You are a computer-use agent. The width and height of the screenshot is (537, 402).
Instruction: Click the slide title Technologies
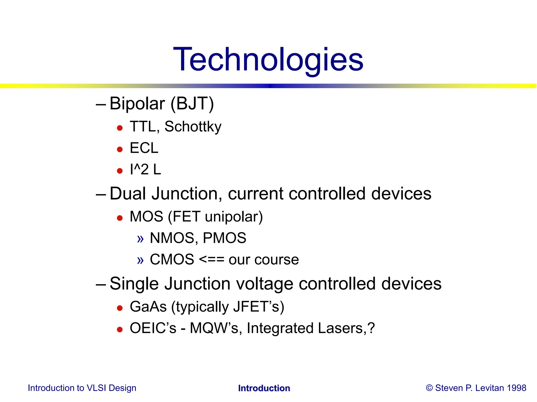[268, 60]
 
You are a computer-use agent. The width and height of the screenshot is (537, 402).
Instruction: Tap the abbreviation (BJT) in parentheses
[192, 104]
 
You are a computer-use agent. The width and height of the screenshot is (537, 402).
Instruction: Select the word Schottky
[193, 127]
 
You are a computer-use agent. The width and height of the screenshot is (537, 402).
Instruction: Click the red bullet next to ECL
[120, 149]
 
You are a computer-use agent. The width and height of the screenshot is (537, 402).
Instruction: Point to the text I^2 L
[145, 170]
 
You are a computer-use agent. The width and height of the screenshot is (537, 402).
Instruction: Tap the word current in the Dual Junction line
[256, 194]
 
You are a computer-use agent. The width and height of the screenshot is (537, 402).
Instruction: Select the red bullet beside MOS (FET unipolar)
[120, 218]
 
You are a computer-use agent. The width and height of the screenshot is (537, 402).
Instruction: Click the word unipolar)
[234, 217]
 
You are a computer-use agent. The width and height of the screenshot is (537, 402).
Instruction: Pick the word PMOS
[224, 238]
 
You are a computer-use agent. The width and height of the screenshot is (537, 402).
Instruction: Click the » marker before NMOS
[141, 239]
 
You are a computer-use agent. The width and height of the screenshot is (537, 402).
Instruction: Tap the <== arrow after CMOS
[212, 260]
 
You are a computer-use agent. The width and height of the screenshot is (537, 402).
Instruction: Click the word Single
[134, 284]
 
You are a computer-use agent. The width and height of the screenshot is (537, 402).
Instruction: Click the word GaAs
[148, 307]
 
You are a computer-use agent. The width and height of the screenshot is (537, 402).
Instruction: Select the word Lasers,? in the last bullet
[346, 328]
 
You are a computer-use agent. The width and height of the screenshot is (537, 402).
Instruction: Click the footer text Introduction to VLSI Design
[82, 388]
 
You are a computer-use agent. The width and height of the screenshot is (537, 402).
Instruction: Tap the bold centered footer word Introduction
[264, 388]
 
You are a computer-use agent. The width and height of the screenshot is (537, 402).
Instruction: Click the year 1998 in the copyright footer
[516, 388]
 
